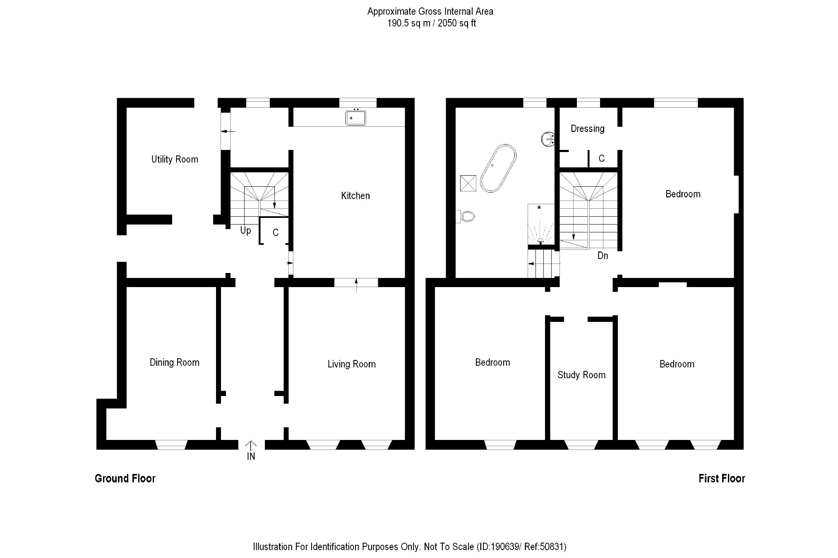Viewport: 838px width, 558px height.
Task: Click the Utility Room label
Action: point(175,159)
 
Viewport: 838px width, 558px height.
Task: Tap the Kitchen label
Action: point(355,196)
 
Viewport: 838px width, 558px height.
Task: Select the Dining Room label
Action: point(174,362)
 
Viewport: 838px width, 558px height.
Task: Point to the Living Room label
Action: point(351,364)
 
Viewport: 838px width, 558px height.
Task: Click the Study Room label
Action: point(581,375)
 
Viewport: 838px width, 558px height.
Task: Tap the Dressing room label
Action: point(587,128)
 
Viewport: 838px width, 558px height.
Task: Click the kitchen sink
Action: point(355,118)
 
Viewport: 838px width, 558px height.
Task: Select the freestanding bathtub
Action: point(498,168)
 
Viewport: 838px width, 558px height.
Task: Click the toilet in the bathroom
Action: point(466,216)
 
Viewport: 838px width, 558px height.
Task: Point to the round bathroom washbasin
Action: point(548,139)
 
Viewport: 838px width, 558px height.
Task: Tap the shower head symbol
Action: point(540,240)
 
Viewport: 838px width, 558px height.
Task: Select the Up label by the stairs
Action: point(245,230)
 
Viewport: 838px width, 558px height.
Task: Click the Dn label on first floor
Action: point(603,256)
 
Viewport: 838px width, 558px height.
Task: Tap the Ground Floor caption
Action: point(125,478)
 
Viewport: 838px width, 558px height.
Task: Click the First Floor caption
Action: point(721,478)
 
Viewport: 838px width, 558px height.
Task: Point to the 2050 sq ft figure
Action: point(456,23)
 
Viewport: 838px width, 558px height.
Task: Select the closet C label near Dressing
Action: point(601,158)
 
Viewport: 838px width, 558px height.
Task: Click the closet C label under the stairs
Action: point(276,233)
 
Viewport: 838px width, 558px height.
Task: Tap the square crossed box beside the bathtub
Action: point(468,183)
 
